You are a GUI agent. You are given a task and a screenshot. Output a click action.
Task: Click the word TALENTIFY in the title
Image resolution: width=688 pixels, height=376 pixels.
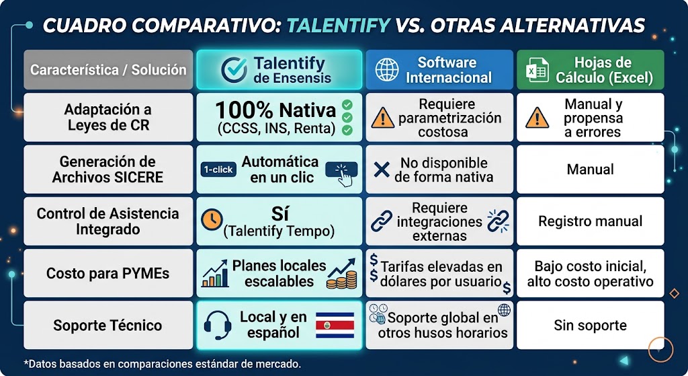tap(339, 26)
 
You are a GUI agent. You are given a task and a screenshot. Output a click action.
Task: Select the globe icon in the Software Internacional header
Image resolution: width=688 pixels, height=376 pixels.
tap(386, 69)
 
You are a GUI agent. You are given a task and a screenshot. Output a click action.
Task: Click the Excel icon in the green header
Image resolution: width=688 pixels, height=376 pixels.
tap(537, 69)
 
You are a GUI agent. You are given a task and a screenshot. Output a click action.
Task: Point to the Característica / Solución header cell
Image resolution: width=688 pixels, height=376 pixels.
tap(108, 69)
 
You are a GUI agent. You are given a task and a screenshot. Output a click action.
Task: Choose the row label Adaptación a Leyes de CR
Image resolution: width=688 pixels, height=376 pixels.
tap(108, 117)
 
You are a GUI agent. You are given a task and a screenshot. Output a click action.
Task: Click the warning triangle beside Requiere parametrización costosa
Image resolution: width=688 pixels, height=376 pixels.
tap(382, 118)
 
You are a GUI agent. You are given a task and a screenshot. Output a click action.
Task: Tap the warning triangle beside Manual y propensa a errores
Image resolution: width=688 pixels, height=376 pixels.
tap(537, 118)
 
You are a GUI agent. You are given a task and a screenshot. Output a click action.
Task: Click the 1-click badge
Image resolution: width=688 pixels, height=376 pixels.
tap(218, 170)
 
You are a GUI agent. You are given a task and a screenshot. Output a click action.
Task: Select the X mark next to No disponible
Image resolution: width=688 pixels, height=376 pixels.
tap(382, 169)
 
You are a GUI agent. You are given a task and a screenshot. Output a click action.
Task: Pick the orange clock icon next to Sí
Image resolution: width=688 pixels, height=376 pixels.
tap(212, 219)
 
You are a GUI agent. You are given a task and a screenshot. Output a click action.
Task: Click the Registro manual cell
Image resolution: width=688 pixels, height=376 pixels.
tap(590, 221)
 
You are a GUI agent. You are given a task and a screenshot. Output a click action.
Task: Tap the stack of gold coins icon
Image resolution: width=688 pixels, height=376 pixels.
tap(341, 280)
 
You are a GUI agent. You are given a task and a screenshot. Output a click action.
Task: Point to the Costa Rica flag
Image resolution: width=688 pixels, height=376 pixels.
tap(335, 325)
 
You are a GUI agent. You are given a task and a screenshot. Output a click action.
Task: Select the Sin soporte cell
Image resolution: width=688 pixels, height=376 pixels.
tap(590, 325)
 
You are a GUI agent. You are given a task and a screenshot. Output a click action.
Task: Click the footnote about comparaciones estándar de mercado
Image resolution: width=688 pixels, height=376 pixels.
tap(163, 364)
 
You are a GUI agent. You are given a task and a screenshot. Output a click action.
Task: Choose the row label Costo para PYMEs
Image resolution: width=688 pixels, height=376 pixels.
tap(108, 273)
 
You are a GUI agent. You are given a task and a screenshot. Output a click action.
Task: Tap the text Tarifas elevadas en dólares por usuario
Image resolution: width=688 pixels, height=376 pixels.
tap(441, 273)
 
